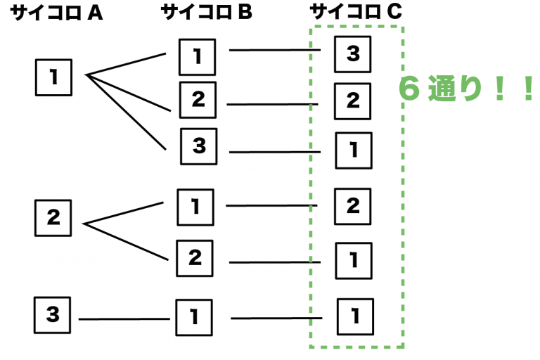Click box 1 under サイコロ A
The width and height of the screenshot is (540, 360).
coord(54,77)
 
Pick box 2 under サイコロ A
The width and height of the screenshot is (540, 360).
coord(54,218)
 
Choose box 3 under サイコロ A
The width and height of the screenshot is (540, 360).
coord(54,315)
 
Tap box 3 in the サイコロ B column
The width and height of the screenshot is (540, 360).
coord(199,146)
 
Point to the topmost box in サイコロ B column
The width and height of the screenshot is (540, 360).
coord(198,56)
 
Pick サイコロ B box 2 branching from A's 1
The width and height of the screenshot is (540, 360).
coord(198,100)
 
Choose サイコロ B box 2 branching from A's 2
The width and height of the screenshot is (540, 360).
coord(195,257)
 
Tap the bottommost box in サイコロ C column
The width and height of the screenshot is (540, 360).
coord(356,316)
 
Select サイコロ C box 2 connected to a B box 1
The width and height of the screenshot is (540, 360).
coord(353,206)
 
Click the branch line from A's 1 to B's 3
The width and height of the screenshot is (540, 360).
coord(127,112)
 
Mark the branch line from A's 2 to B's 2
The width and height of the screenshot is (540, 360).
coord(127,242)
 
